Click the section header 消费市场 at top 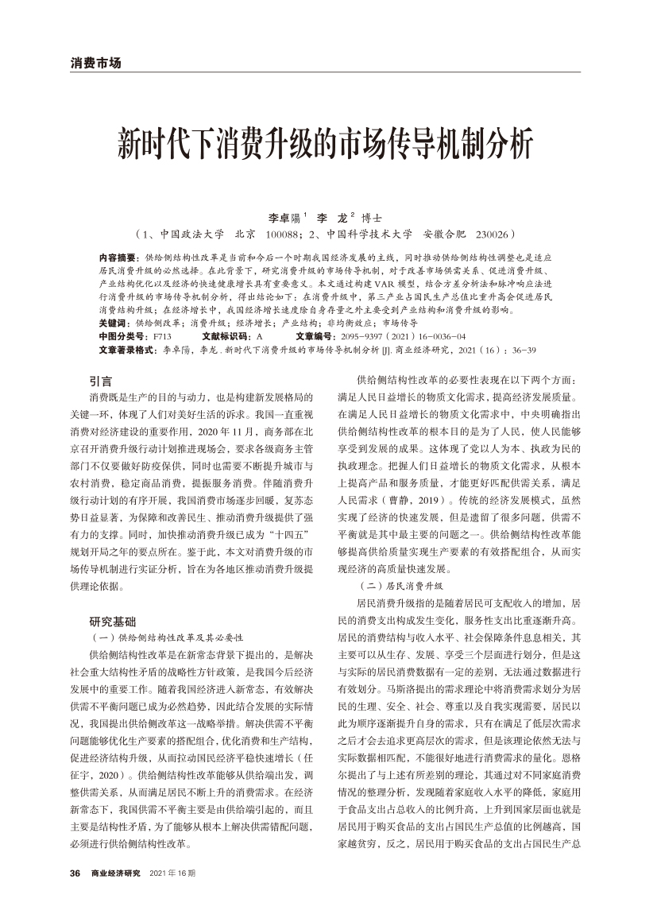point(95,63)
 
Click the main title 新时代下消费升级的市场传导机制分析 point(328,142)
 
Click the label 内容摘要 point(118,259)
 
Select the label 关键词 point(114,324)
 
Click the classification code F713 point(160,336)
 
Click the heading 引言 point(101,382)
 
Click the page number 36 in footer point(75,874)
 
